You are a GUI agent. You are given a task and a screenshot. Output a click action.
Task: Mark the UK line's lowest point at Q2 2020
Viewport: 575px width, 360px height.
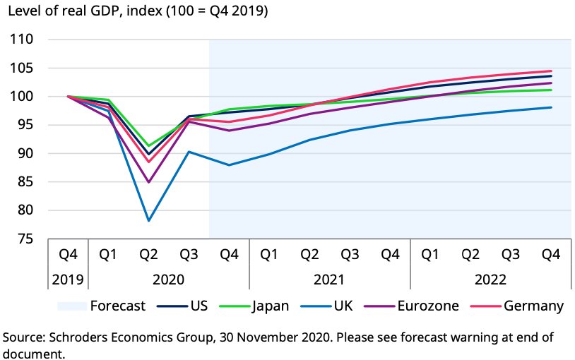pos(149,220)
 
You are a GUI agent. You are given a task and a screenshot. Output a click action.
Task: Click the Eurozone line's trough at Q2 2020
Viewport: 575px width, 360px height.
pos(149,182)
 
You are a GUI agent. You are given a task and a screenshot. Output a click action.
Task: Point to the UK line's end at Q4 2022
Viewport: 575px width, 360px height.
pos(551,107)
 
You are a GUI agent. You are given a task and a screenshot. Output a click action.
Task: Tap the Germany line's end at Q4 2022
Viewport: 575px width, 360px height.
pos(551,71)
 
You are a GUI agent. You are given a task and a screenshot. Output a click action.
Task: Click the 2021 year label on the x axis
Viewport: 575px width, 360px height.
pos(330,280)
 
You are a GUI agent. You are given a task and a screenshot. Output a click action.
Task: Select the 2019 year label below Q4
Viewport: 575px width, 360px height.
pos(69,280)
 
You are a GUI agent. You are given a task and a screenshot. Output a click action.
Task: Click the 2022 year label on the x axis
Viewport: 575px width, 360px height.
pos(491,280)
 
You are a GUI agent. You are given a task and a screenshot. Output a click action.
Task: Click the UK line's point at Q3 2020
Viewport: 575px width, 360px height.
pos(189,151)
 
